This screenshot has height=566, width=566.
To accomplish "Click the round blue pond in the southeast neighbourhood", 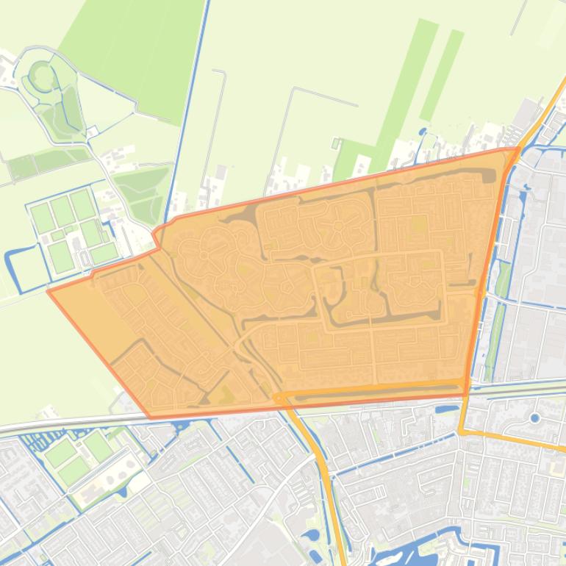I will click(534, 418).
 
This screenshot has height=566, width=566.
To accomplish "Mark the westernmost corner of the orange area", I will click(49, 291).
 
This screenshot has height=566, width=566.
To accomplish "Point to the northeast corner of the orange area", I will click(518, 148).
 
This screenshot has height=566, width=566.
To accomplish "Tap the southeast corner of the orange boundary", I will click(465, 393).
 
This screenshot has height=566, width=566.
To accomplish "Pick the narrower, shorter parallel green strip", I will click(443, 74).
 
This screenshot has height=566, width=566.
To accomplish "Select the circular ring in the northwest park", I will click(41, 75).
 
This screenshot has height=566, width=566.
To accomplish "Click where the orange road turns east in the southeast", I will click(462, 431).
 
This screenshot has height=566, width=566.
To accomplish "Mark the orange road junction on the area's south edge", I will click(279, 397).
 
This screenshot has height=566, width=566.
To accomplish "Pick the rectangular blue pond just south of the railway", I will click(447, 409).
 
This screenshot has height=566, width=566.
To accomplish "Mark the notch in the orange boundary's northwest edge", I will click(156, 237).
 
